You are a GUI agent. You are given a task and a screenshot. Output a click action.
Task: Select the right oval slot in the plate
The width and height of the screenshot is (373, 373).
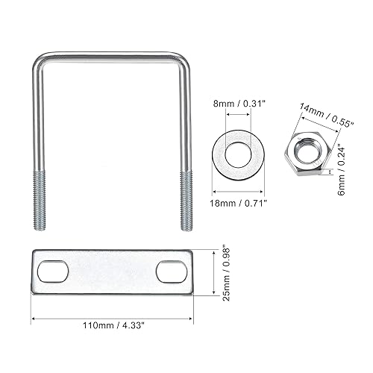[x=172, y=272]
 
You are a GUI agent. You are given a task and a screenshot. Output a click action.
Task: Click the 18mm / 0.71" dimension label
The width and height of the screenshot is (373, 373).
[x=236, y=201]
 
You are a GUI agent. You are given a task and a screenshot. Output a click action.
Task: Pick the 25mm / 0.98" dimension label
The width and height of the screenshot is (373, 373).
[x=225, y=272]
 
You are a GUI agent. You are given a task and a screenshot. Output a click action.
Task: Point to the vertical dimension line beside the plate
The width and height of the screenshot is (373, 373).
[x=213, y=272]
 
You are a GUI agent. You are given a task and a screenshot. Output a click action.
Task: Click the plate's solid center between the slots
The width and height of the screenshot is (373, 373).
[x=112, y=272]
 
